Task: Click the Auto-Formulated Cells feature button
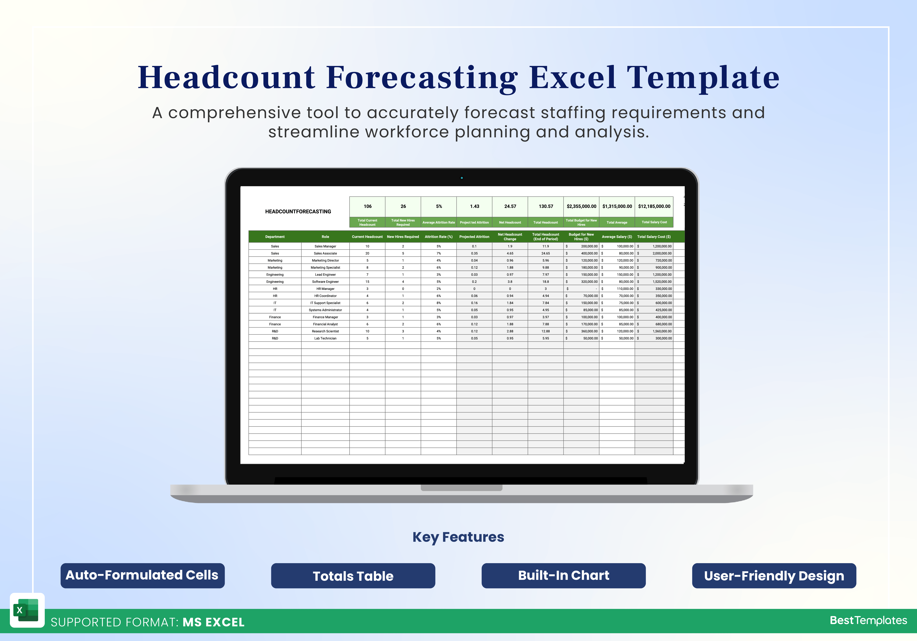pyautogui.click(x=143, y=576)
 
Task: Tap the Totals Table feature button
pyautogui.click(x=353, y=576)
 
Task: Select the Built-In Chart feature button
pyautogui.click(x=564, y=576)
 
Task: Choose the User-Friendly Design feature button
pyautogui.click(x=774, y=576)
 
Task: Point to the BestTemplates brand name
pyautogui.click(x=868, y=620)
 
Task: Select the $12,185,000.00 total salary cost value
pyautogui.click(x=654, y=206)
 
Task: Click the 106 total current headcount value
pyautogui.click(x=367, y=206)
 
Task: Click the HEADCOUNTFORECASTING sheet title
pyautogui.click(x=298, y=211)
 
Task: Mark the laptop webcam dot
pyautogui.click(x=462, y=178)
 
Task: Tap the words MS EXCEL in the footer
pyautogui.click(x=214, y=622)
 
